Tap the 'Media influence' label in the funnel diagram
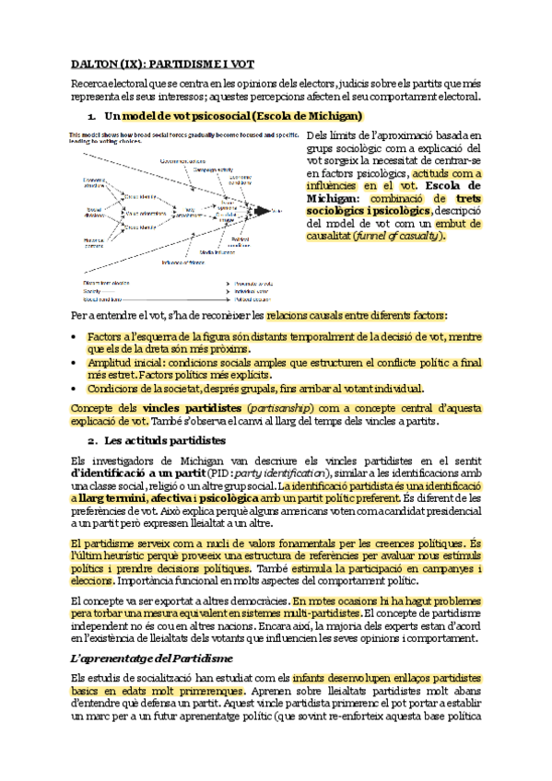[225, 250]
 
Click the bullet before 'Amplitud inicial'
[75, 363]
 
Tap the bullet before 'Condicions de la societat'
[75, 388]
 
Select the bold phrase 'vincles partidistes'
[194, 407]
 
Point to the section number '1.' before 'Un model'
[93, 116]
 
